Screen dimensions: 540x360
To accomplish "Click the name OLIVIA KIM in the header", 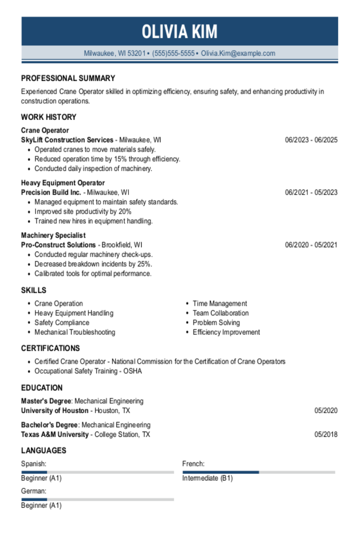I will point(180,32).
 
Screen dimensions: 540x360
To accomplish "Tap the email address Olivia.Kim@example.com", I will point(238,53).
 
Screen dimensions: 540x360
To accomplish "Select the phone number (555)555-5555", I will point(173,53).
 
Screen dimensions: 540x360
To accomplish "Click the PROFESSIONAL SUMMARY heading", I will point(68,78).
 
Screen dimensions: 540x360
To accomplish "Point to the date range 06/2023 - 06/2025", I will point(311,140).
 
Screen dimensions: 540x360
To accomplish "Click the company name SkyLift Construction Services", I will point(67,140).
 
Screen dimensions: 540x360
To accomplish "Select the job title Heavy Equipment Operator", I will point(63,183).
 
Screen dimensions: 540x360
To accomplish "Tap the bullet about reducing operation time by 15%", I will point(107,159).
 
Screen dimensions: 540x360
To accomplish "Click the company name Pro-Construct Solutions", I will point(58,245).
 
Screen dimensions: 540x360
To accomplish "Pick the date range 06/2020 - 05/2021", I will point(311,245).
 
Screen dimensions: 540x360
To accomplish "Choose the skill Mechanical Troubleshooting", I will point(75,332).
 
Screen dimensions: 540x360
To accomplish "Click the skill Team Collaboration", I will point(220,313).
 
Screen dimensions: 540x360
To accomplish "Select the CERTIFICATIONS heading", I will point(50,348).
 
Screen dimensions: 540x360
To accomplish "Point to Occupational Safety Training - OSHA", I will point(88,371).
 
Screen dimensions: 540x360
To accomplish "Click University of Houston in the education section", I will point(55,411).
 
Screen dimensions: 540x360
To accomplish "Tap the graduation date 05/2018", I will point(326,434).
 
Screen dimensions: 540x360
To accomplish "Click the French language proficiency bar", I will point(258,472).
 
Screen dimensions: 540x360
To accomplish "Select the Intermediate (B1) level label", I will point(207,478).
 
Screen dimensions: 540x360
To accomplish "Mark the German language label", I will point(34,491).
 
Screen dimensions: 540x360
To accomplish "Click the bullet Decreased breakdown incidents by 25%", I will point(93,264).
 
